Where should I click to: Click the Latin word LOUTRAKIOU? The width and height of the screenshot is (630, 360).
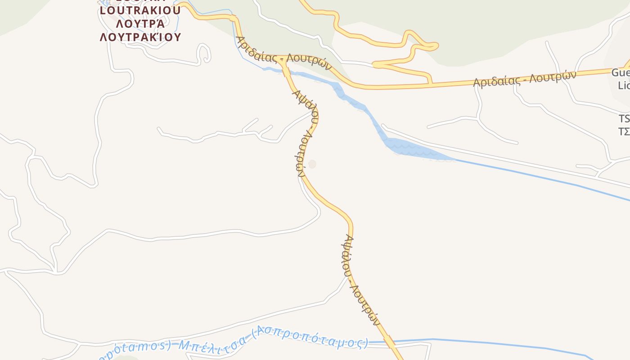(140, 10)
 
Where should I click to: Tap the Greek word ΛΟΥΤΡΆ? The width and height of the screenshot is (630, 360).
(140, 23)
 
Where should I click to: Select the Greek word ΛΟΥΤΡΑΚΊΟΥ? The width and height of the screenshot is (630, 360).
(140, 37)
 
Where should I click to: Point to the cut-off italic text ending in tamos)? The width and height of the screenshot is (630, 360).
(135, 349)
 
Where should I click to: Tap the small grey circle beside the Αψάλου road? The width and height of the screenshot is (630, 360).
(312, 164)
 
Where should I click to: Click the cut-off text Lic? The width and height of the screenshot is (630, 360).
(624, 85)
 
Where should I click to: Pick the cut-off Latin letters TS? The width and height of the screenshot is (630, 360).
(624, 119)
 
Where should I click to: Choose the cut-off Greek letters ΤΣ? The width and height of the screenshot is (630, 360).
(624, 131)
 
